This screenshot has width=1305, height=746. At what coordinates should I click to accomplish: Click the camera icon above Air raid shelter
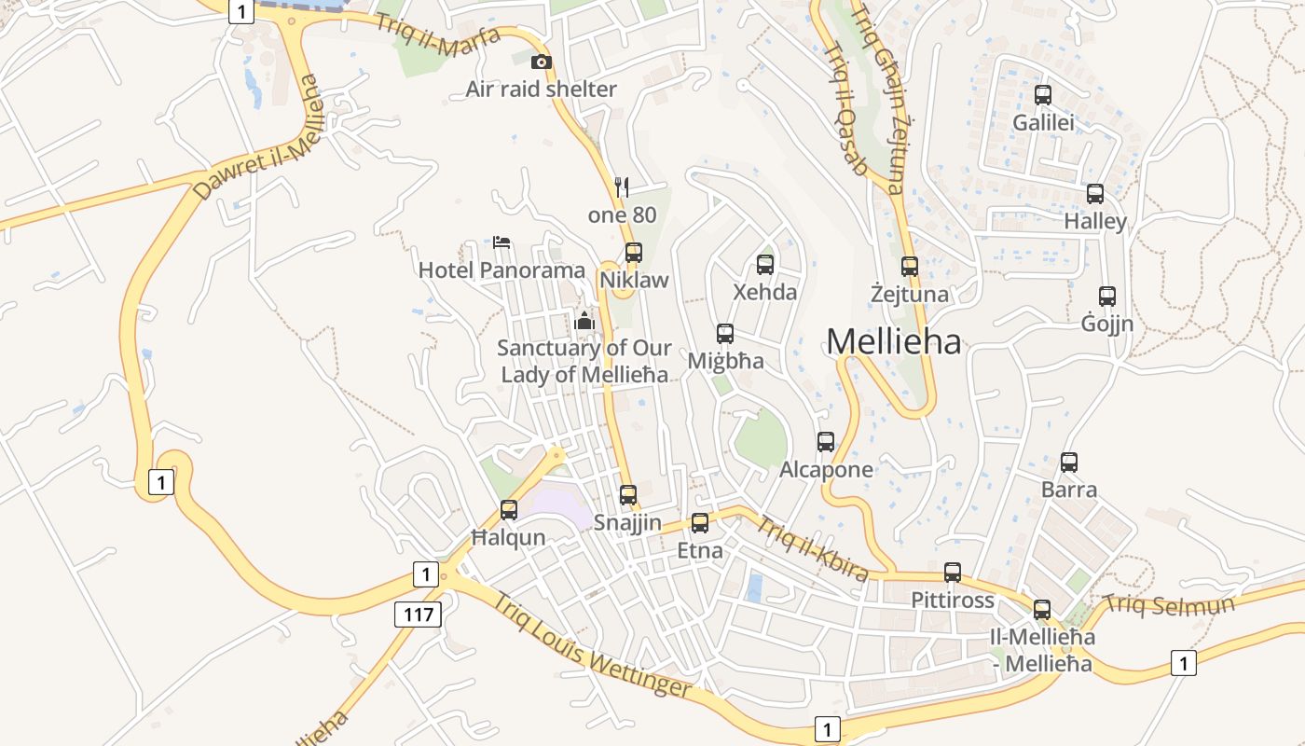pyautogui.click(x=541, y=62)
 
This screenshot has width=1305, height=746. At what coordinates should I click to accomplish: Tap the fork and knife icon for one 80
pyautogui.click(x=623, y=187)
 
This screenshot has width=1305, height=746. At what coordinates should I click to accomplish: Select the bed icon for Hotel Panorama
pyautogui.click(x=501, y=243)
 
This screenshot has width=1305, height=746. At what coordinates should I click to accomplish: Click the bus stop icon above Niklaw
pyautogui.click(x=634, y=252)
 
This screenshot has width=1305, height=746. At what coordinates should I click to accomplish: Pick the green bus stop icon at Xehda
pyautogui.click(x=765, y=264)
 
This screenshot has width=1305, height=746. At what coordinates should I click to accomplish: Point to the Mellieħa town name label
pyautogui.click(x=893, y=341)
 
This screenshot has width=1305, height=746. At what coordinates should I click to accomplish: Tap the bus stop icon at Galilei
pyautogui.click(x=1043, y=95)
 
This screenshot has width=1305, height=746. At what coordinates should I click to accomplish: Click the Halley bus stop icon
pyautogui.click(x=1095, y=194)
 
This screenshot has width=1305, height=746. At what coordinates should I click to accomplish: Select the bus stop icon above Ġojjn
pyautogui.click(x=1107, y=297)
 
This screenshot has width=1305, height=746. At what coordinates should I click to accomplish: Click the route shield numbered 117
pyautogui.click(x=418, y=614)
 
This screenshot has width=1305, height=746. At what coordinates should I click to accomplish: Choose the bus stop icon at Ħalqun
pyautogui.click(x=509, y=510)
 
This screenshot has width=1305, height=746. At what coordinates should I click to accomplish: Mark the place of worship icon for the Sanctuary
pyautogui.click(x=585, y=321)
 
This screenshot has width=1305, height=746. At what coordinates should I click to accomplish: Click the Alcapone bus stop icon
pyautogui.click(x=826, y=442)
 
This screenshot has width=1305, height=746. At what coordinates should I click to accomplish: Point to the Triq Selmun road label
pyautogui.click(x=1169, y=604)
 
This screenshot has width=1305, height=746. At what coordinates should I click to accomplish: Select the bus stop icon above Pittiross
pyautogui.click(x=953, y=573)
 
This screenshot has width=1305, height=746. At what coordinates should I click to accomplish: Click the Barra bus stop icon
pyautogui.click(x=1069, y=462)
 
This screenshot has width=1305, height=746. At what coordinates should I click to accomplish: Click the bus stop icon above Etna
pyautogui.click(x=700, y=523)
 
